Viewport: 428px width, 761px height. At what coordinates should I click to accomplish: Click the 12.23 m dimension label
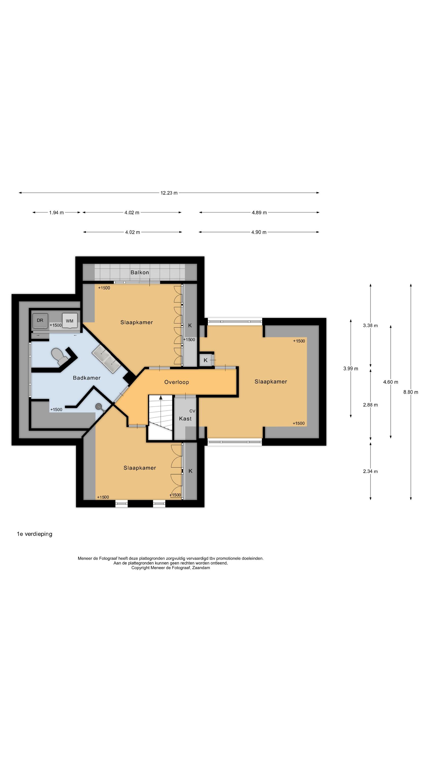tap(169, 193)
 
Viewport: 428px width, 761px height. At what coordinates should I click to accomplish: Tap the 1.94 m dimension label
tap(57, 212)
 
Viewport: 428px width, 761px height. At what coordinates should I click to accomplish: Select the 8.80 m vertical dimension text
tap(411, 392)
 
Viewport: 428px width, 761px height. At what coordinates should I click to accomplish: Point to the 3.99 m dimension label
tap(351, 368)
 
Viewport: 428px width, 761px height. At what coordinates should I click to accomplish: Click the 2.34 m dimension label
tap(370, 471)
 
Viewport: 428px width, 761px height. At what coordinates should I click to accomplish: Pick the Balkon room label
tap(140, 272)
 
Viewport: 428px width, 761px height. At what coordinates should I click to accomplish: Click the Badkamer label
tap(87, 378)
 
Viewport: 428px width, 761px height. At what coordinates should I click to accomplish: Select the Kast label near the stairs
tap(185, 419)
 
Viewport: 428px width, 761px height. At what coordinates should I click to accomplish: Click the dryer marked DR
tap(40, 321)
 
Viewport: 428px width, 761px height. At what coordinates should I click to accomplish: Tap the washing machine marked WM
tap(70, 321)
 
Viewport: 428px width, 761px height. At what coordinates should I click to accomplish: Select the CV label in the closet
tap(192, 411)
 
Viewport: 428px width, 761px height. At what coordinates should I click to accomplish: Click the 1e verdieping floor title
tap(34, 534)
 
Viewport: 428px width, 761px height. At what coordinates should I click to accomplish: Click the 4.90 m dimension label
tap(259, 232)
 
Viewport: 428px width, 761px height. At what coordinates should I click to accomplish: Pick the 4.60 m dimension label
tap(390, 382)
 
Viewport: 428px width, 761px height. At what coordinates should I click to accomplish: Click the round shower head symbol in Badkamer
tap(99, 406)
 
